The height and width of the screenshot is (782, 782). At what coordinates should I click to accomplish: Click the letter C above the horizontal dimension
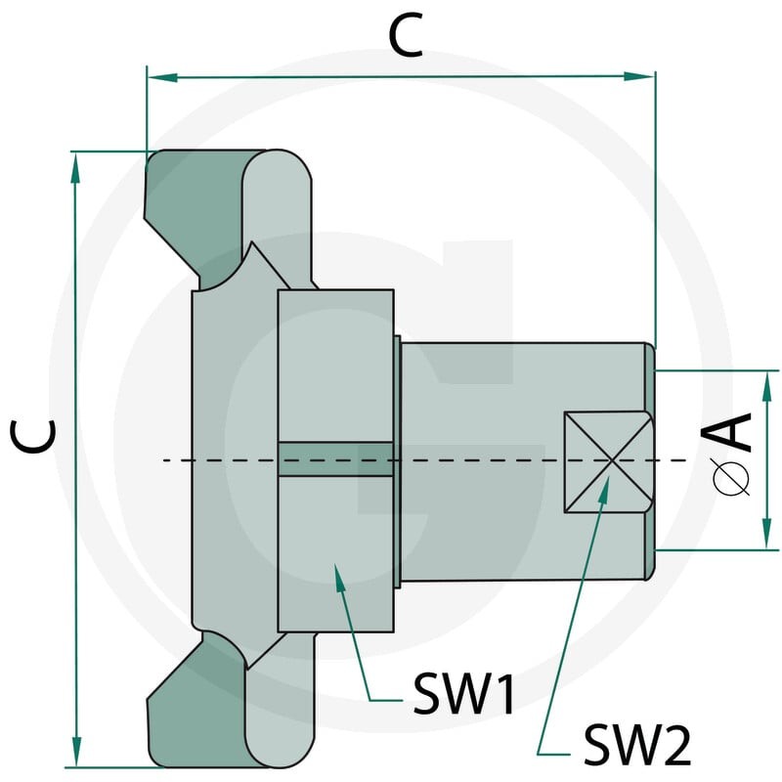[406, 35]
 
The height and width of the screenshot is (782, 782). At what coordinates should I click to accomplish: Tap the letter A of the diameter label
[726, 432]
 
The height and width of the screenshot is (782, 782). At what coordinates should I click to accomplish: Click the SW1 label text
[464, 693]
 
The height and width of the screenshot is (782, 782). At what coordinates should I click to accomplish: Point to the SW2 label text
[637, 745]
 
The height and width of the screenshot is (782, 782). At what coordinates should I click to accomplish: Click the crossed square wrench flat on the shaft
[608, 461]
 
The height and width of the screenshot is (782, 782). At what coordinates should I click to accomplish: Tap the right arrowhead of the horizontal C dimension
[639, 76]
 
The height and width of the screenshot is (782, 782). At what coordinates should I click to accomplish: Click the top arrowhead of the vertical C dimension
[75, 168]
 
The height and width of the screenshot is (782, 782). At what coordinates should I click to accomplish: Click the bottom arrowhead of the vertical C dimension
[76, 751]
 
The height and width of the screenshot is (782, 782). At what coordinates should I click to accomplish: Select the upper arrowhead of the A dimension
[767, 386]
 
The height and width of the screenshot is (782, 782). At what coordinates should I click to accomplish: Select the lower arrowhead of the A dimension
[767, 534]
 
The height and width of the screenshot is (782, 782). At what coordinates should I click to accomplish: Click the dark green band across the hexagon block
[335, 458]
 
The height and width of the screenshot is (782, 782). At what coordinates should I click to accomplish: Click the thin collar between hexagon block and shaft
[398, 461]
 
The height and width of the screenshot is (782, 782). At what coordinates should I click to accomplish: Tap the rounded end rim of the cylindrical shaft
[649, 461]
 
